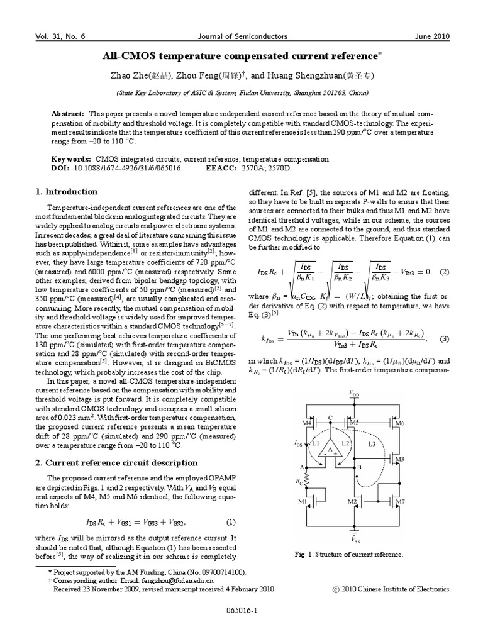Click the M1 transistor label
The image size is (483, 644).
tap(303, 501)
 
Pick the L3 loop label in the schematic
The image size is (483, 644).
tap(372, 444)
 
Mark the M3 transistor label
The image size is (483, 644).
tap(399, 460)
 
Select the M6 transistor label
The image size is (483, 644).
tap(399, 423)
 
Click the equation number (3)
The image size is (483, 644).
tap(444, 339)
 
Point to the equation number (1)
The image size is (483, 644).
tap(230, 522)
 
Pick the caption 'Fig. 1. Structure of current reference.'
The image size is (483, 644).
tap(348, 554)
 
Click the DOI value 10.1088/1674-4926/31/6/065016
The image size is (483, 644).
tap(128, 169)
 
